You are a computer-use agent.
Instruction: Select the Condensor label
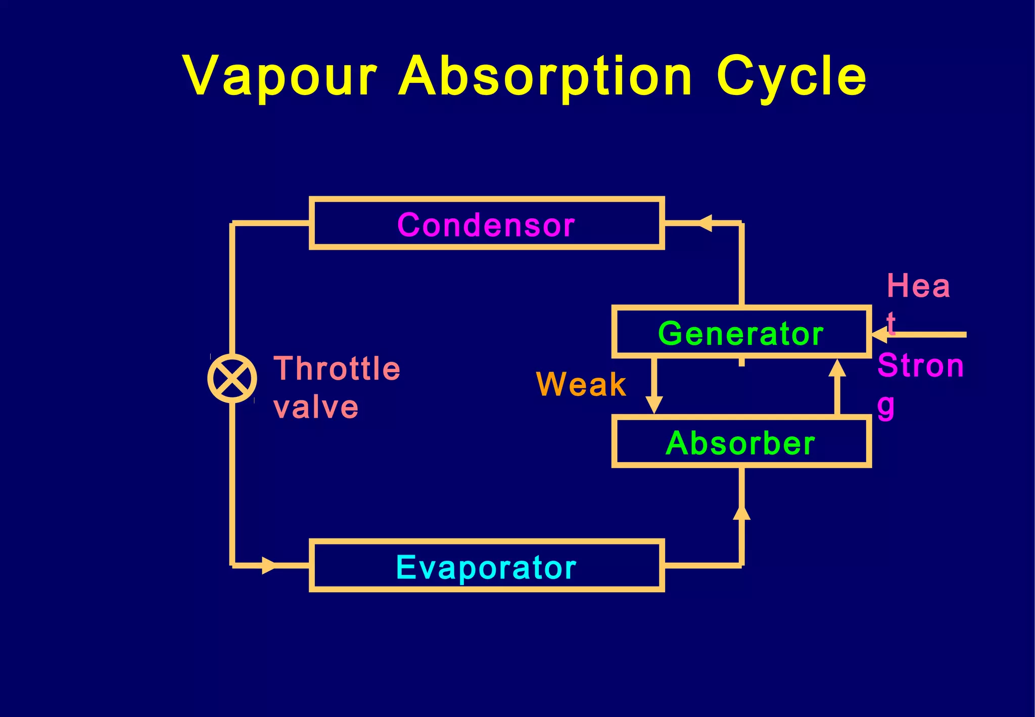pos(486,225)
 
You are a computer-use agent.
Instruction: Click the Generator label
pos(741,333)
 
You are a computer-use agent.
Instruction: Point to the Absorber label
pos(741,443)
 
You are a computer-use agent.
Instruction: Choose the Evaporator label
pos(486,567)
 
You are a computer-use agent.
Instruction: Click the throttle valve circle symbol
pos(232,378)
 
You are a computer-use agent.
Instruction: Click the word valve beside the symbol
pos(316,407)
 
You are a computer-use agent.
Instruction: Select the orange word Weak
pos(581,384)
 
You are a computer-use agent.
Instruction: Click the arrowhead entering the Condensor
pos(705,222)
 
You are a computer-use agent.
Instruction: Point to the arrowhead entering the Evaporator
pos(269,565)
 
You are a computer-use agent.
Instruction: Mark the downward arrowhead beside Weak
pos(654,405)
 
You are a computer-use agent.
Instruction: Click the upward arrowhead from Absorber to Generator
pos(837,368)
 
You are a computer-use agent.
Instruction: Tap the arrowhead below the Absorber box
pos(741,512)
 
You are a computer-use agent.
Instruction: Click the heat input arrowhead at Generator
pos(880,334)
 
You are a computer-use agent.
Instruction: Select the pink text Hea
pos(918,286)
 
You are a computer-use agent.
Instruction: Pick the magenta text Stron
pos(921,365)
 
